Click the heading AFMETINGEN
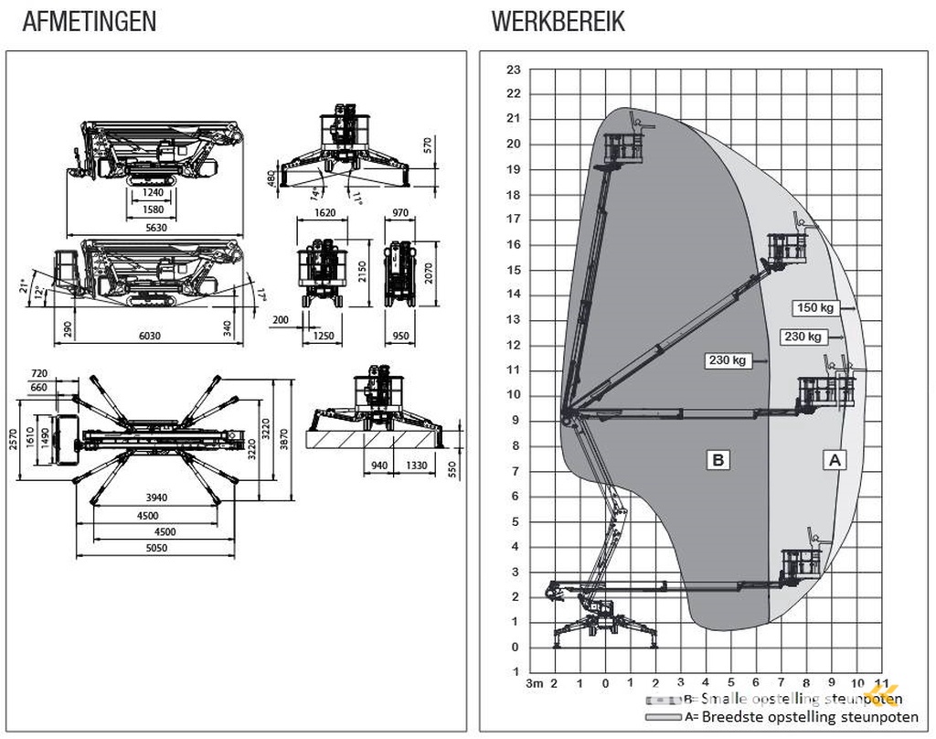(x=89, y=22)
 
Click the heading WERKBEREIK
(x=558, y=22)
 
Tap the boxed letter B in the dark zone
(x=718, y=460)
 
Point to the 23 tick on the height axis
(x=514, y=70)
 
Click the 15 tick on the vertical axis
(x=514, y=270)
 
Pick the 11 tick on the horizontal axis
(x=881, y=682)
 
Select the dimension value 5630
(x=155, y=227)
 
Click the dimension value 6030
(x=149, y=336)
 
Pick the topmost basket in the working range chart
(x=622, y=146)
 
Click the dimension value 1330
(x=416, y=466)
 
